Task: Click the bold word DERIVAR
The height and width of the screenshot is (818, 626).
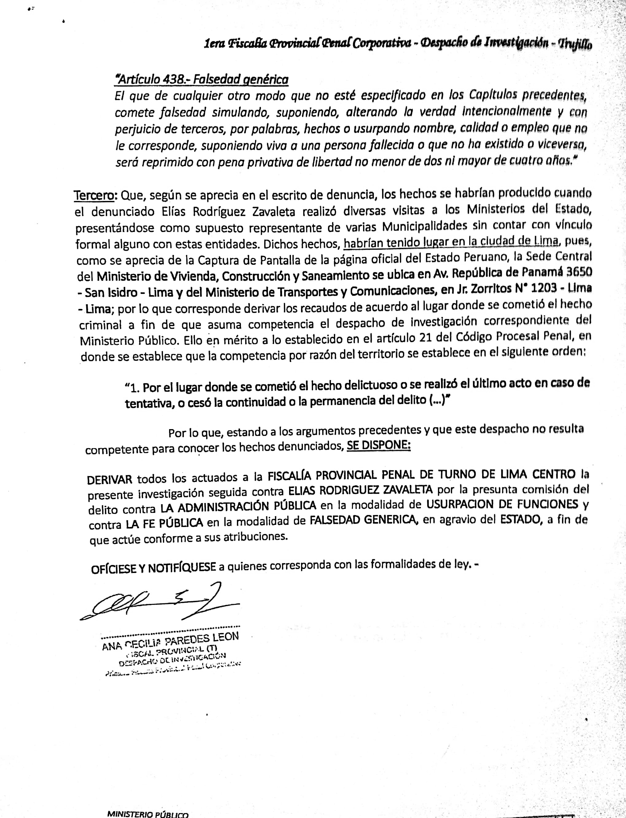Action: point(110,479)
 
